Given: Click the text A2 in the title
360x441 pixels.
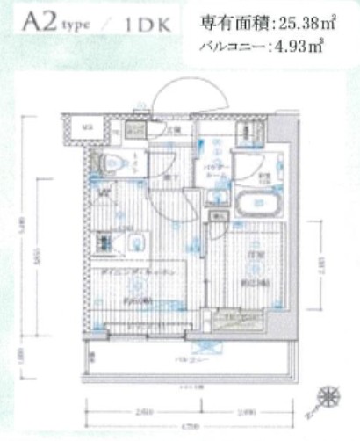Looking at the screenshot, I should pyautogui.click(x=35, y=20).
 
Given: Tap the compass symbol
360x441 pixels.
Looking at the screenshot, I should pyautogui.click(x=329, y=397).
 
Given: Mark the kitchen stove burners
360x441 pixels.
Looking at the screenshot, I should pyautogui.click(x=105, y=243).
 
